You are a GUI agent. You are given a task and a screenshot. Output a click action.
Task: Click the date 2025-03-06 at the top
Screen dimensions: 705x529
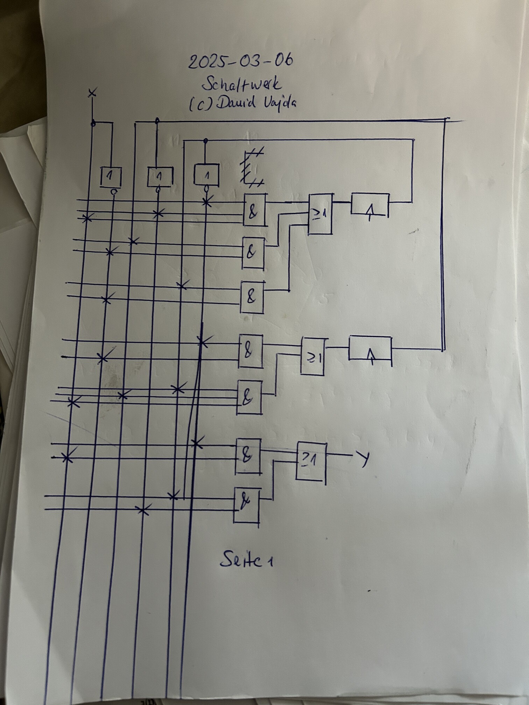241,62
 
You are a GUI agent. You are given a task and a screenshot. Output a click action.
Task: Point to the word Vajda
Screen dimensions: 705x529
277,103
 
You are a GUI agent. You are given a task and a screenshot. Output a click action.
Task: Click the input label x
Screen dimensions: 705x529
92,93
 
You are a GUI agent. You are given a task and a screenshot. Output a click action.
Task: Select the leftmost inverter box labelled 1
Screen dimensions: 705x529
111,177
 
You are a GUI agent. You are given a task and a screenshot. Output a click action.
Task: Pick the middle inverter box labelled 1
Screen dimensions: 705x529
160,177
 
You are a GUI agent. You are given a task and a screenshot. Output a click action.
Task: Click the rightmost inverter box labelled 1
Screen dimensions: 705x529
206,174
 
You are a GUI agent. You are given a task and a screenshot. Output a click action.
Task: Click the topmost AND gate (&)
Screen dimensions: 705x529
254,209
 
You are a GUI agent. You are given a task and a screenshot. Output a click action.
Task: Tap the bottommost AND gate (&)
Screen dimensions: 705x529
247,504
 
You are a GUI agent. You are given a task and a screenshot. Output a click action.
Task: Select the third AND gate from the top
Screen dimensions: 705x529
252,297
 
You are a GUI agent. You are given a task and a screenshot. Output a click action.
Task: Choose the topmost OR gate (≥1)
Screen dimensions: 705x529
320,214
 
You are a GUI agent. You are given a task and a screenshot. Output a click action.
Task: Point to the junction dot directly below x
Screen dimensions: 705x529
93,124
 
